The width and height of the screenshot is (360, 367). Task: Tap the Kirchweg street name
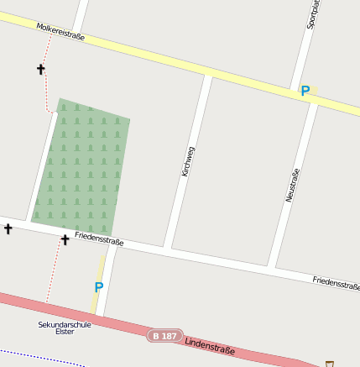point(188,160)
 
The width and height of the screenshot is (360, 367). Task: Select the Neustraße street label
point(293,186)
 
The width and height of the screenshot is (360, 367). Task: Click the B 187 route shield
point(164,335)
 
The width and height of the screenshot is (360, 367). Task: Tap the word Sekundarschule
point(65,324)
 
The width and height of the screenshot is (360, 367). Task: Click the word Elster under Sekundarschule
point(65,332)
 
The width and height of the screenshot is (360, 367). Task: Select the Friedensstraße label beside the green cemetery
point(99,239)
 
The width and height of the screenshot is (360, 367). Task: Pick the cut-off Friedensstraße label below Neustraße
point(336,283)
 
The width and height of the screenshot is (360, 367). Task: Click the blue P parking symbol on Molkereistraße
point(305,91)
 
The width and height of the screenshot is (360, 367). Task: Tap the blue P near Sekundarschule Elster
point(98,287)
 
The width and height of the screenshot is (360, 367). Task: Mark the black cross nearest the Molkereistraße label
point(40,69)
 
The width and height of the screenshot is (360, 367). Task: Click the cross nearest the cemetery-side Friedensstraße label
point(65,240)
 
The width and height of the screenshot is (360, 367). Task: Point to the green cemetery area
point(82,168)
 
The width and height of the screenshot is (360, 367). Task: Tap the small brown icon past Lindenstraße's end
point(330,364)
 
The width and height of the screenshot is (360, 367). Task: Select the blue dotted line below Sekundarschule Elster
point(42,356)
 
